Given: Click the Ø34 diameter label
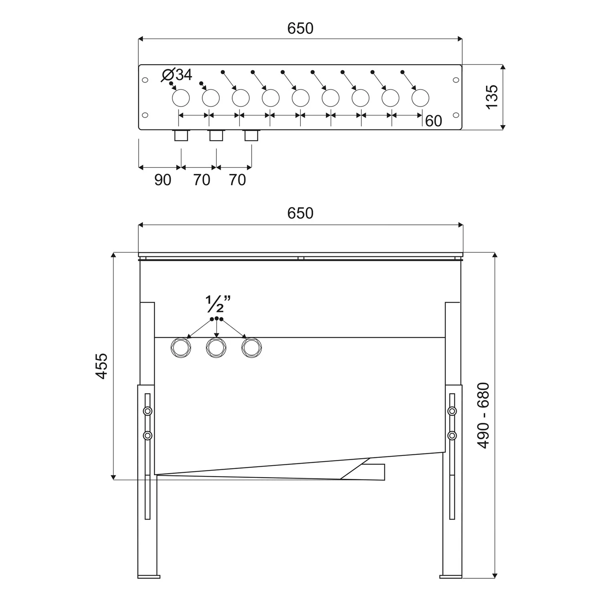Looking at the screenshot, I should click(177, 75).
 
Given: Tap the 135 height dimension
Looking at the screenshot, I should click(492, 96).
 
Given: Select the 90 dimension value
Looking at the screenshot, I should click(163, 180).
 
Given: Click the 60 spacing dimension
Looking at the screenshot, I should click(433, 121).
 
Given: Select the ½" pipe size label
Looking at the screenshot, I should click(218, 304).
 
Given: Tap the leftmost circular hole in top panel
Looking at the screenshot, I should click(181, 98).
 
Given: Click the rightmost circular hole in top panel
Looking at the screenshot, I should click(420, 98).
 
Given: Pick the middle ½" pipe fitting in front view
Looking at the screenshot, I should click(216, 348).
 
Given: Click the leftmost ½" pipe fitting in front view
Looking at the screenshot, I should click(181, 348).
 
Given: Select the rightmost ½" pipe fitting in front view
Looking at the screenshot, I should click(252, 348).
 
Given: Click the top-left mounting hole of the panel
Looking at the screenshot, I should click(145, 80).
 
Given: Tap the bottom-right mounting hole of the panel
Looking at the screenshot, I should click(456, 115).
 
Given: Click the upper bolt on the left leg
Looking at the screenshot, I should click(148, 411).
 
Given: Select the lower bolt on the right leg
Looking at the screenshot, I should click(452, 435).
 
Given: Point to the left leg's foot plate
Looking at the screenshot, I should click(149, 577).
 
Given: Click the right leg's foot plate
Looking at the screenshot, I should click(451, 577).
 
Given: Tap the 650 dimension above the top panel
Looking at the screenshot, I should click(300, 28).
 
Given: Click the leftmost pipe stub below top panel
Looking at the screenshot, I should click(181, 135).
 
